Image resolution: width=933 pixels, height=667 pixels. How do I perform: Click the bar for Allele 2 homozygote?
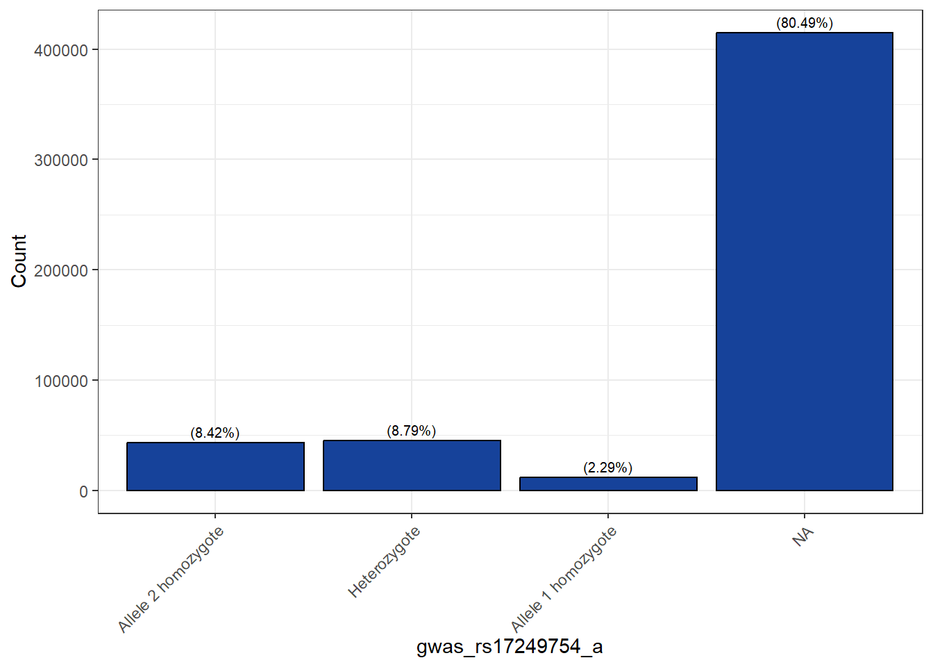click(x=215, y=466)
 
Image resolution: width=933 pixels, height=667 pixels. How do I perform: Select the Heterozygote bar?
click(x=412, y=466)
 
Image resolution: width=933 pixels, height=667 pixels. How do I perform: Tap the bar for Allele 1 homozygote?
click(x=608, y=484)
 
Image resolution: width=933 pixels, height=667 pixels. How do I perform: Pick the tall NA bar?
click(x=805, y=261)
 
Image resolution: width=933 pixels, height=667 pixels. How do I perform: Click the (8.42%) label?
click(x=215, y=433)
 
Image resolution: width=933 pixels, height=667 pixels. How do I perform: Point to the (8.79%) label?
click(x=412, y=431)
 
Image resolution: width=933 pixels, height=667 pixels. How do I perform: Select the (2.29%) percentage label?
click(x=608, y=468)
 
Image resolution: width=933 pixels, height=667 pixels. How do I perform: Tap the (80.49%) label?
click(x=805, y=23)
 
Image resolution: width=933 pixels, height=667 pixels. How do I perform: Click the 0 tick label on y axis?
click(x=84, y=491)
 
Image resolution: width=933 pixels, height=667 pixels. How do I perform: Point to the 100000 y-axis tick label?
click(x=61, y=381)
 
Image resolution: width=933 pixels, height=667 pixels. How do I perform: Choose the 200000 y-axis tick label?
click(x=61, y=270)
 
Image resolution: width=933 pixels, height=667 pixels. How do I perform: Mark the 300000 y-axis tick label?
click(x=61, y=160)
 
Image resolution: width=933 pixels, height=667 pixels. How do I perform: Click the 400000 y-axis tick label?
click(x=61, y=50)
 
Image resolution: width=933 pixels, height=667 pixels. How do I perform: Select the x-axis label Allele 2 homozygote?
click(x=171, y=580)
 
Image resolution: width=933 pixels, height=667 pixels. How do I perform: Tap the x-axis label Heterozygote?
click(x=384, y=562)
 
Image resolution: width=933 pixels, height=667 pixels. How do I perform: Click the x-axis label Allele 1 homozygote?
click(x=563, y=579)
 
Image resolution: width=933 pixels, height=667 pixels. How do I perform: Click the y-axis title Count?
click(x=19, y=261)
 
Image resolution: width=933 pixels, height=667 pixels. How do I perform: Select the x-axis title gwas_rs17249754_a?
click(x=510, y=647)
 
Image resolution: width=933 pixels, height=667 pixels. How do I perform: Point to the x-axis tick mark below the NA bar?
click(x=805, y=516)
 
